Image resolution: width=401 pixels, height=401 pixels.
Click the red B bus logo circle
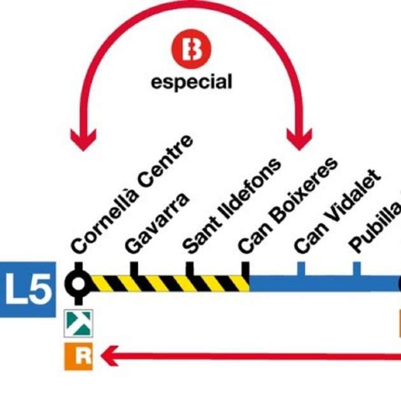click(191, 50)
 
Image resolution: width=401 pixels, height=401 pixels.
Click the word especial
click(191, 82)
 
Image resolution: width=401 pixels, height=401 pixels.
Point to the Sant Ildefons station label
click(231, 204)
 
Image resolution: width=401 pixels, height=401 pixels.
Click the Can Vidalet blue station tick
click(300, 269)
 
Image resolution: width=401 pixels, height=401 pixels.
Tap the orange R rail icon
click(79, 356)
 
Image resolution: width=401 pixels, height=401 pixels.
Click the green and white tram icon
click(79, 323)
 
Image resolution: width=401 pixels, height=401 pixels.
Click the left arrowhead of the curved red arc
click(83, 139)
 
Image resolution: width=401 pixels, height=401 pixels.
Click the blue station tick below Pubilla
click(356, 269)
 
